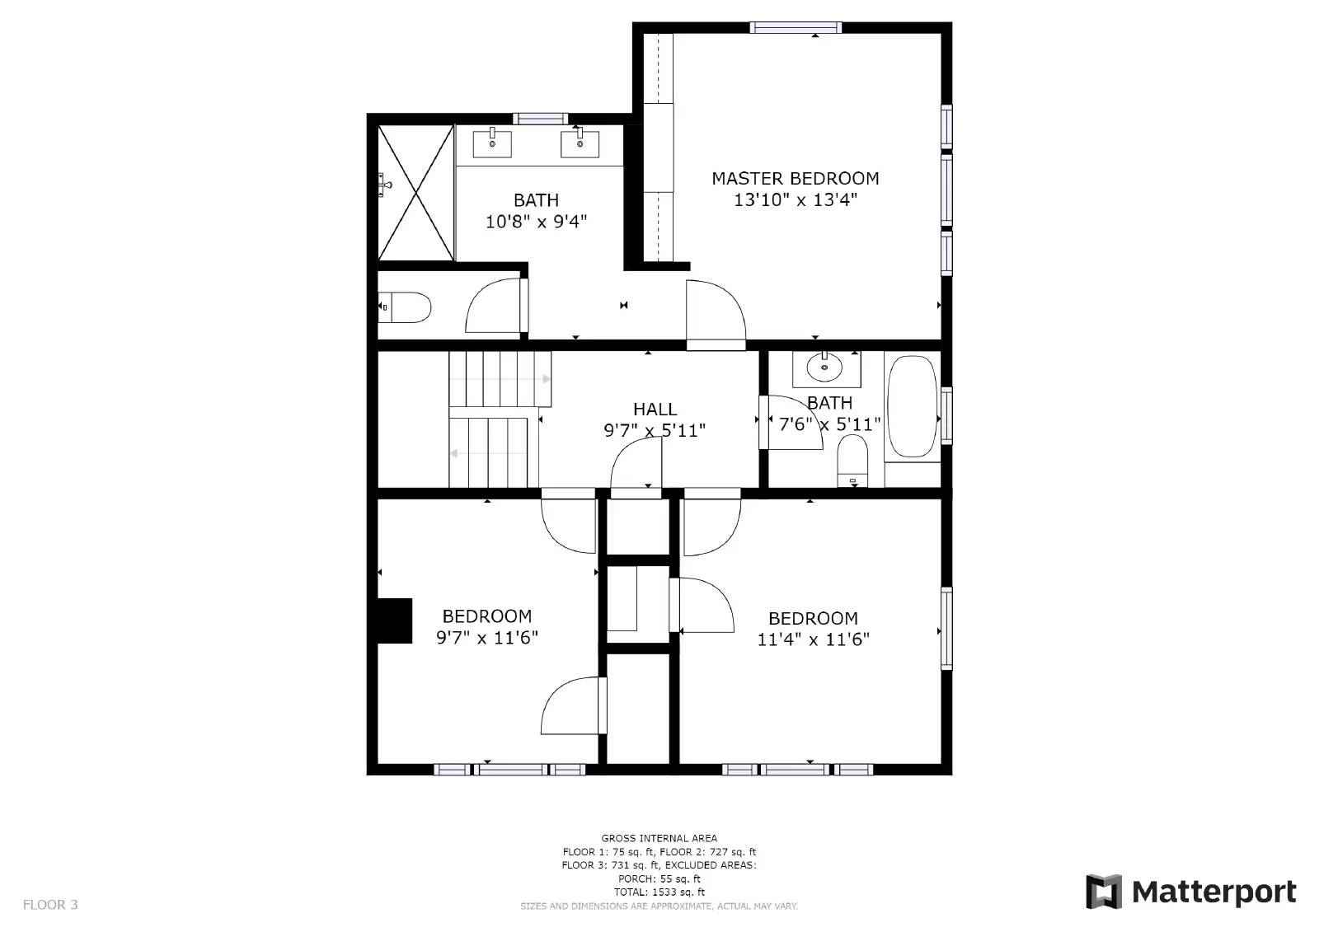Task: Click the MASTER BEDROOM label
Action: tap(795, 178)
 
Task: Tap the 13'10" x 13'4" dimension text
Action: tap(795, 199)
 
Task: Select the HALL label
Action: tap(655, 409)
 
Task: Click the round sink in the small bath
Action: tap(824, 368)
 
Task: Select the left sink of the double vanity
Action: tap(492, 143)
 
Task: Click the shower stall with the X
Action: tap(415, 193)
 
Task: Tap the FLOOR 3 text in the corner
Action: tap(50, 904)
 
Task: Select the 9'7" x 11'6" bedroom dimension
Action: tap(486, 637)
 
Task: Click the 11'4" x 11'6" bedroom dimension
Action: tap(813, 639)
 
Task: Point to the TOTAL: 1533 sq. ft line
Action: tap(659, 892)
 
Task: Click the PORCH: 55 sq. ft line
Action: tap(659, 878)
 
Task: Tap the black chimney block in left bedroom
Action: tap(395, 621)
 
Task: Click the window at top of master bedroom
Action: tap(796, 28)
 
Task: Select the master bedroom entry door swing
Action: tap(714, 313)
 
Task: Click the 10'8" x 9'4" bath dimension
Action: tap(536, 221)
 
